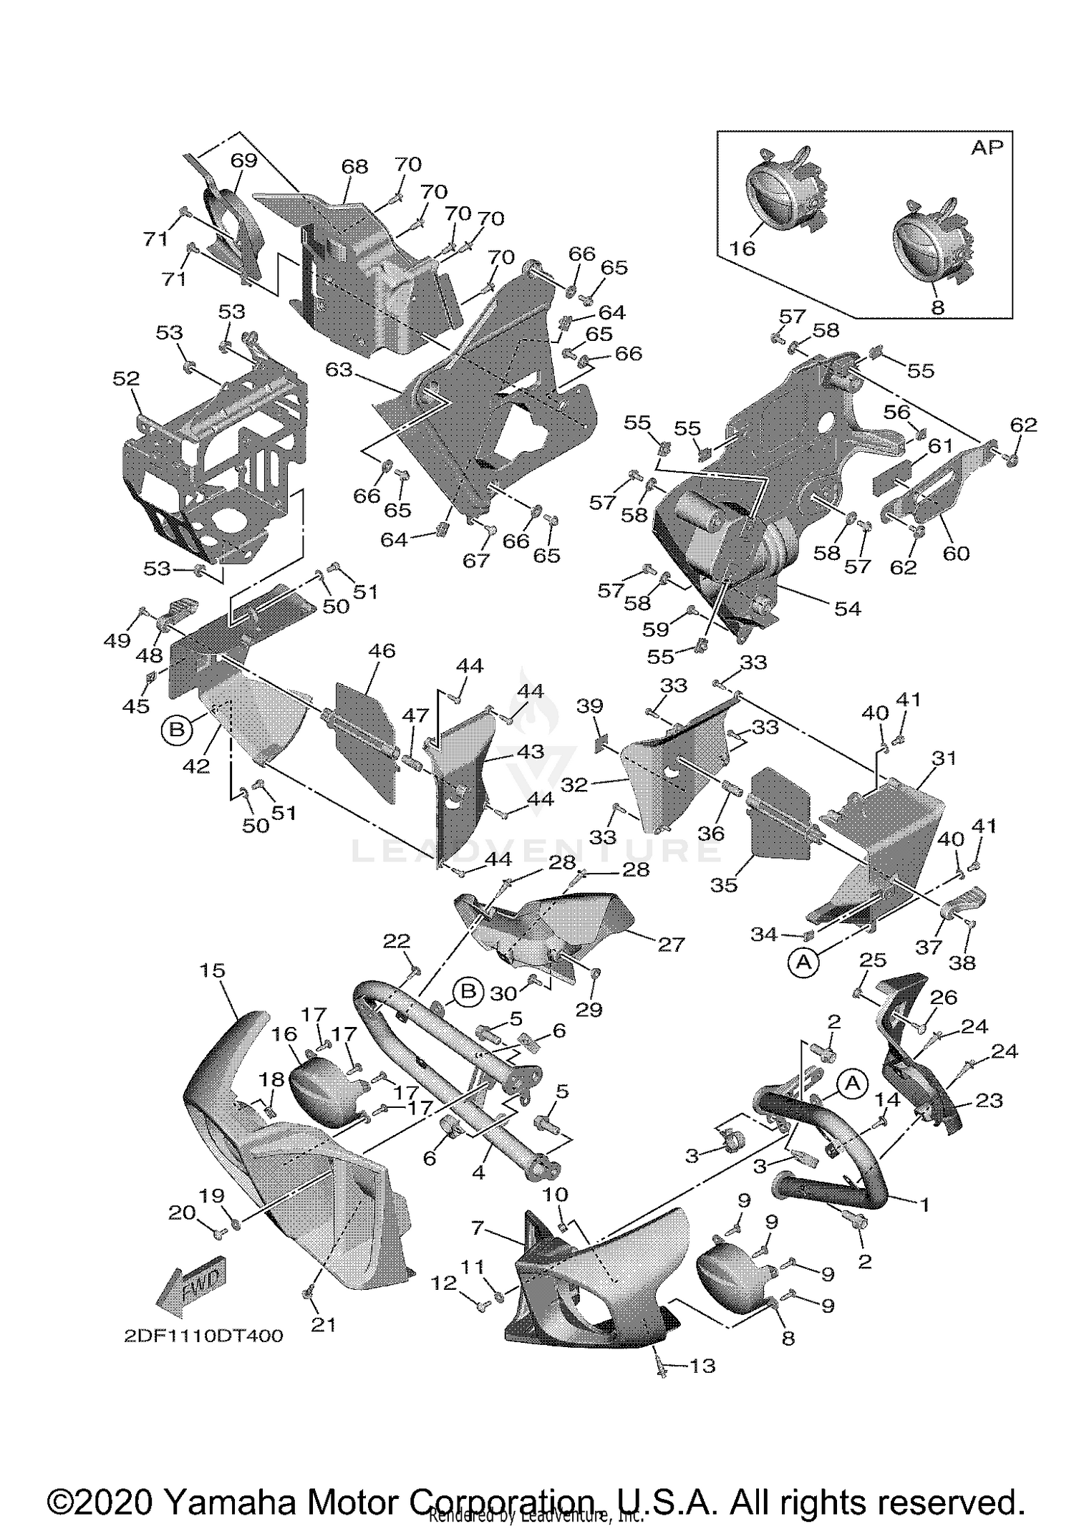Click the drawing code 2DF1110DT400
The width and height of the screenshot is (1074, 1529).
(202, 1336)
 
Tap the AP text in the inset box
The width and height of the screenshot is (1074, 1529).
(987, 148)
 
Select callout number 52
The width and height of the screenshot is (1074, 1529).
(126, 378)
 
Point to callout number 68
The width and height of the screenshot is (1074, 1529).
(354, 166)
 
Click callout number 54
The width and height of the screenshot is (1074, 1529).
(847, 608)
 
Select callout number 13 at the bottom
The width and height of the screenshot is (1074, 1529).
(702, 1366)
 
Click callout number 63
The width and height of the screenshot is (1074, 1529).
(339, 370)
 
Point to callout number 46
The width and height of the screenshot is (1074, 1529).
(382, 650)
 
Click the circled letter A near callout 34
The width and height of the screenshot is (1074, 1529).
(803, 963)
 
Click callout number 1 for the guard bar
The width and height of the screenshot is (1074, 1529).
(924, 1205)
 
